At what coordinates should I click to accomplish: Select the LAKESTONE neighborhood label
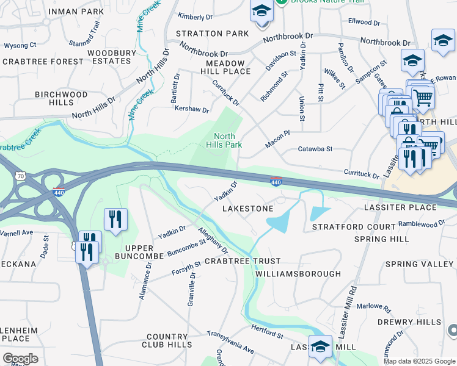[x=247, y=209]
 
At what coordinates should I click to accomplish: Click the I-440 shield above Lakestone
[x=276, y=182]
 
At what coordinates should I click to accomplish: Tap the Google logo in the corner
[x=20, y=359]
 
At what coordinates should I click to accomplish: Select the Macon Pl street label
[x=277, y=142]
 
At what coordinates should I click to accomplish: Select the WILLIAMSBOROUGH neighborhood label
[x=298, y=274]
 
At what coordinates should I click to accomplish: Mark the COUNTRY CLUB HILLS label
[x=167, y=341]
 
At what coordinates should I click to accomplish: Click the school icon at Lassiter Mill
[x=320, y=346]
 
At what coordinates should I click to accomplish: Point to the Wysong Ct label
[x=20, y=45]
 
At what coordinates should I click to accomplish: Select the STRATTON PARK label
[x=212, y=34]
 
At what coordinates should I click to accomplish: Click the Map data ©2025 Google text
[x=419, y=361]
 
